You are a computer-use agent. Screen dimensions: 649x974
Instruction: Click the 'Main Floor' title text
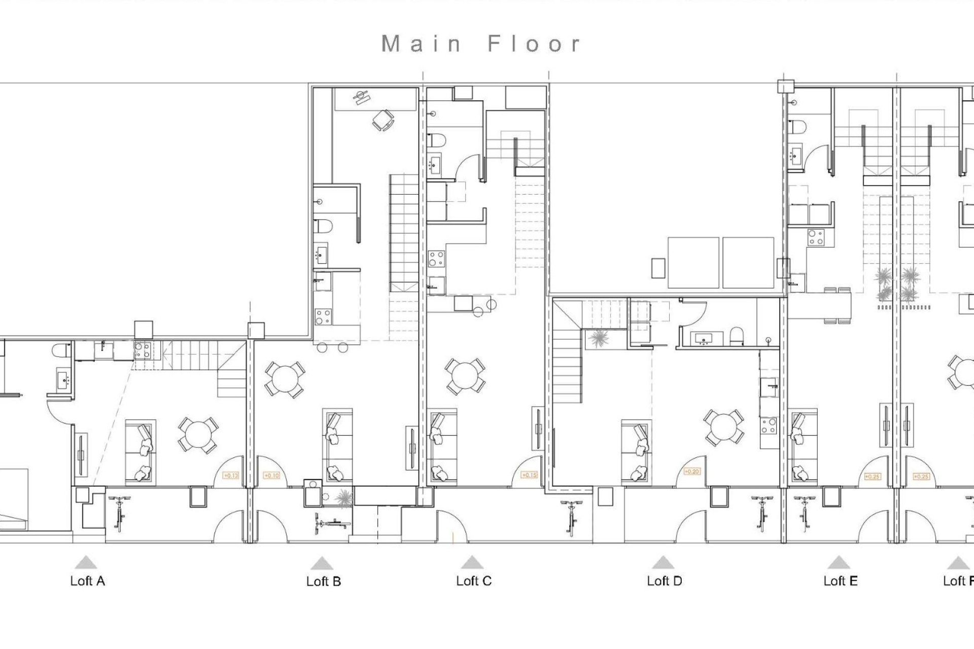pos(480,44)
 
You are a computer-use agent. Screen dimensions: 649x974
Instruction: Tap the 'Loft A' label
pos(87,581)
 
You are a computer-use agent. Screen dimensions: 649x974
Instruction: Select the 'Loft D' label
pos(664,581)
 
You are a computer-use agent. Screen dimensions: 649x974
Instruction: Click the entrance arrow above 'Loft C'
pos(472,562)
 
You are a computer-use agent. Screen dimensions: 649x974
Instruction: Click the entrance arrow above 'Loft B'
pos(322,563)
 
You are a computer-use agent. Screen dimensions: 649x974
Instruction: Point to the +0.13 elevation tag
pos(231,476)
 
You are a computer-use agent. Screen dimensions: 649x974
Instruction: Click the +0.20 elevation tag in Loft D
pos(691,472)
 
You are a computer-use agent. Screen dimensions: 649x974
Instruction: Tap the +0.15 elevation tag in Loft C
pos(529,476)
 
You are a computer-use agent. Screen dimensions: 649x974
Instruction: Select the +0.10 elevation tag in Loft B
pos(272,476)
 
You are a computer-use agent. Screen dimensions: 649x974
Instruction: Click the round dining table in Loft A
pos(198,435)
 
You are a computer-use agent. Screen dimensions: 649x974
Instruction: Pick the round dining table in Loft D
pos(724,428)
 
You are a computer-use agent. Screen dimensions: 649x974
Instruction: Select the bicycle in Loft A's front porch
pos(119,513)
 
